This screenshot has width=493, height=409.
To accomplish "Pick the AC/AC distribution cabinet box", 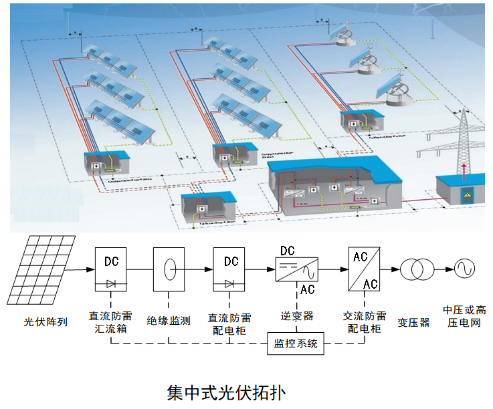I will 365,270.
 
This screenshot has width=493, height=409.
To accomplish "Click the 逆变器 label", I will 297,315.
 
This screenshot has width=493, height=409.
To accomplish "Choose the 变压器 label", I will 413,321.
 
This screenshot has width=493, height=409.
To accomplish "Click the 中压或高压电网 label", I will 462,316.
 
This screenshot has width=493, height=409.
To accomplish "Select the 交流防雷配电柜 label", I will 365,322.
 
